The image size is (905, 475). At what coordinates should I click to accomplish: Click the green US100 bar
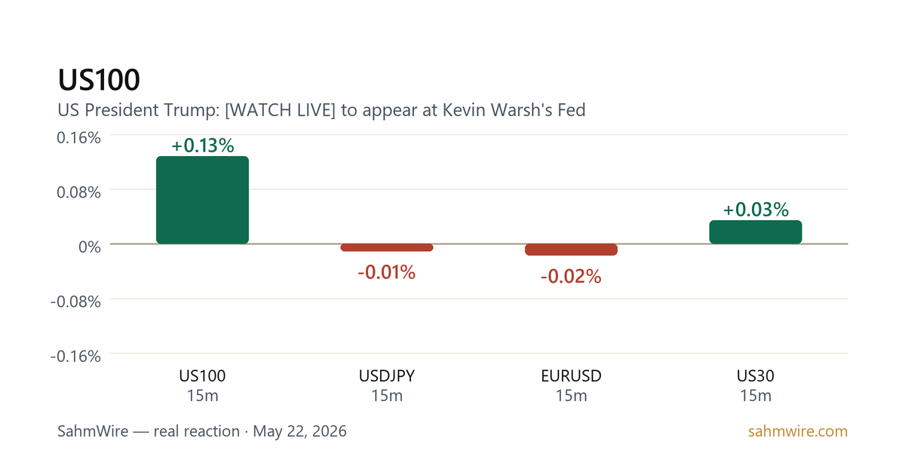click(202, 200)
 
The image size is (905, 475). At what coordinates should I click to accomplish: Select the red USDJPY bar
click(387, 247)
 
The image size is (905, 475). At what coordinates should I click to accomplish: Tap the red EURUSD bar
click(572, 250)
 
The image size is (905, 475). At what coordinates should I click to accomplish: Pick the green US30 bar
click(756, 232)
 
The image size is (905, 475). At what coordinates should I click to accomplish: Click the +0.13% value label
click(202, 146)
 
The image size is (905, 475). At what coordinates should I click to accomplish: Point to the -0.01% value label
click(387, 272)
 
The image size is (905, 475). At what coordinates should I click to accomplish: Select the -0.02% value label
click(571, 277)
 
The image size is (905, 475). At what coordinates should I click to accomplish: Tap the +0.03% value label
click(756, 210)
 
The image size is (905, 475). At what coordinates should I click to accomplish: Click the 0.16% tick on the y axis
click(78, 138)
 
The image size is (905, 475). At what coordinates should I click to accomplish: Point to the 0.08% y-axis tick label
click(78, 192)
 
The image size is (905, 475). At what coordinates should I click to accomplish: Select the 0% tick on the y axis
click(90, 247)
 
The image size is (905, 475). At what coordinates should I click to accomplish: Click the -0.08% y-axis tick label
click(75, 302)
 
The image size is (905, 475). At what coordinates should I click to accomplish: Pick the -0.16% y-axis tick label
click(75, 356)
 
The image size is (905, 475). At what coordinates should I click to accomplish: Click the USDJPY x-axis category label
click(387, 376)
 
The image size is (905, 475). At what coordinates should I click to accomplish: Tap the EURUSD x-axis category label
click(572, 376)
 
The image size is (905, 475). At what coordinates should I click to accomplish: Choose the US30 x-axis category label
click(756, 376)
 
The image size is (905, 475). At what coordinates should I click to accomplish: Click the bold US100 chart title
click(99, 80)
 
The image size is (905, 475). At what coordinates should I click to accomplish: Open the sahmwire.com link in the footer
click(798, 431)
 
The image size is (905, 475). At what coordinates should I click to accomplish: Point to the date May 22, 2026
click(300, 431)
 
